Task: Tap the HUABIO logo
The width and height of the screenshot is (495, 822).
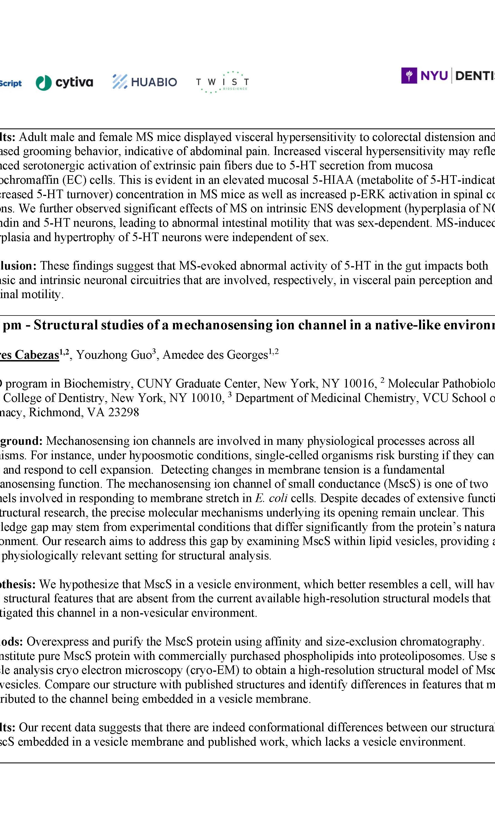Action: (145, 82)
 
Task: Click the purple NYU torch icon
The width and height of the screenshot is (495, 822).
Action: (409, 76)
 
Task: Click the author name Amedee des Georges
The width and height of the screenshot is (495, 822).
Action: (215, 355)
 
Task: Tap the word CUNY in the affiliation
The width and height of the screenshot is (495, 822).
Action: (154, 384)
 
